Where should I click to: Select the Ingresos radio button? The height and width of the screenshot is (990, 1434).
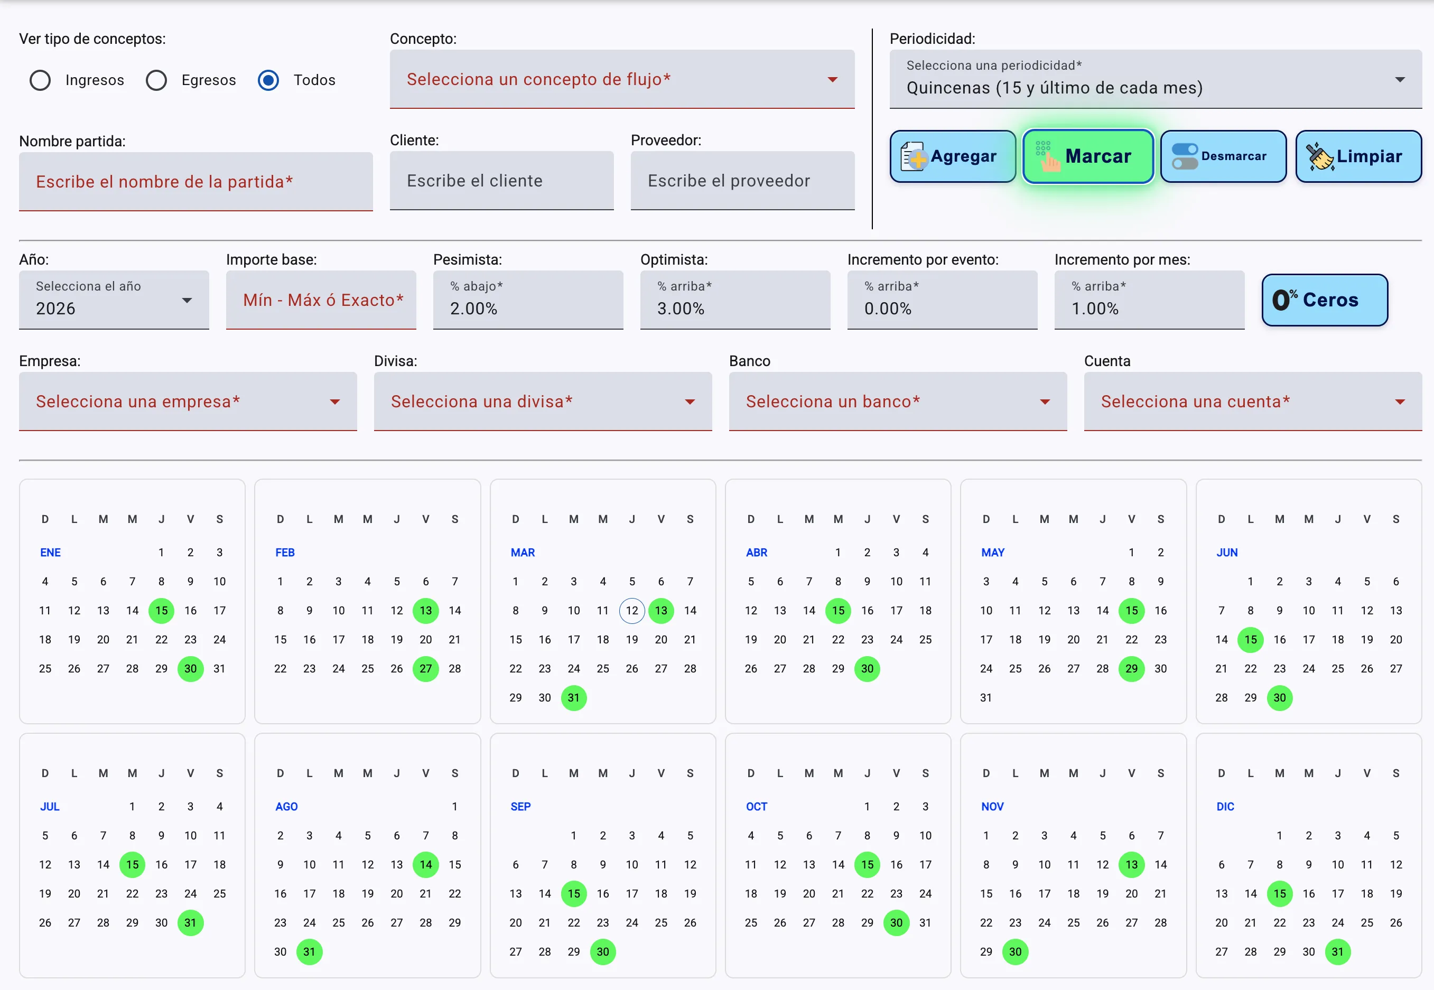(x=40, y=80)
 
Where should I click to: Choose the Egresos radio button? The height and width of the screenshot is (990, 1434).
(x=156, y=80)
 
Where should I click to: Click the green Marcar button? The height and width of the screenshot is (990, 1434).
(x=1088, y=156)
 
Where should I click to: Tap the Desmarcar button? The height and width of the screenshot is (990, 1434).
(x=1223, y=156)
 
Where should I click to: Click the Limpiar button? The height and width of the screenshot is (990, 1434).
(x=1358, y=156)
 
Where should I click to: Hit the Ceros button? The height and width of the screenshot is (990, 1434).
(x=1325, y=300)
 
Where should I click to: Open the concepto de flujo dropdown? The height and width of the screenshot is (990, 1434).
(x=622, y=79)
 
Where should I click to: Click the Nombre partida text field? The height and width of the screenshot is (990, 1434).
(x=196, y=182)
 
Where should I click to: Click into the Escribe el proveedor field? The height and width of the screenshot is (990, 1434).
(x=742, y=181)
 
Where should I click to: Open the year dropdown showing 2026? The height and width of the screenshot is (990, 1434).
(x=114, y=300)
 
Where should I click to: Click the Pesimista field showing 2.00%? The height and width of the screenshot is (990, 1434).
(x=528, y=300)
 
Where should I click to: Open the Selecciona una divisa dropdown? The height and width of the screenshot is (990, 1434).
(x=543, y=401)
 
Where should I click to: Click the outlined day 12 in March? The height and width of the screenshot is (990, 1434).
(x=632, y=610)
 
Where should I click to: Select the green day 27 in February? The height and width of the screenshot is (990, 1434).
(x=425, y=669)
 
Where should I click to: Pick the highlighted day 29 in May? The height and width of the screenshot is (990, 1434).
(x=1131, y=669)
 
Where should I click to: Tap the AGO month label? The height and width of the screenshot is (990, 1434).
(x=286, y=806)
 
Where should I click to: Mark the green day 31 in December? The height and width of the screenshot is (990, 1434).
(x=1338, y=951)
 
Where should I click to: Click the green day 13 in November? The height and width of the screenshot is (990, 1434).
(x=1131, y=865)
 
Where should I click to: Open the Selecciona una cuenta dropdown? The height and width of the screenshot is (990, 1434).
(x=1253, y=401)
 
